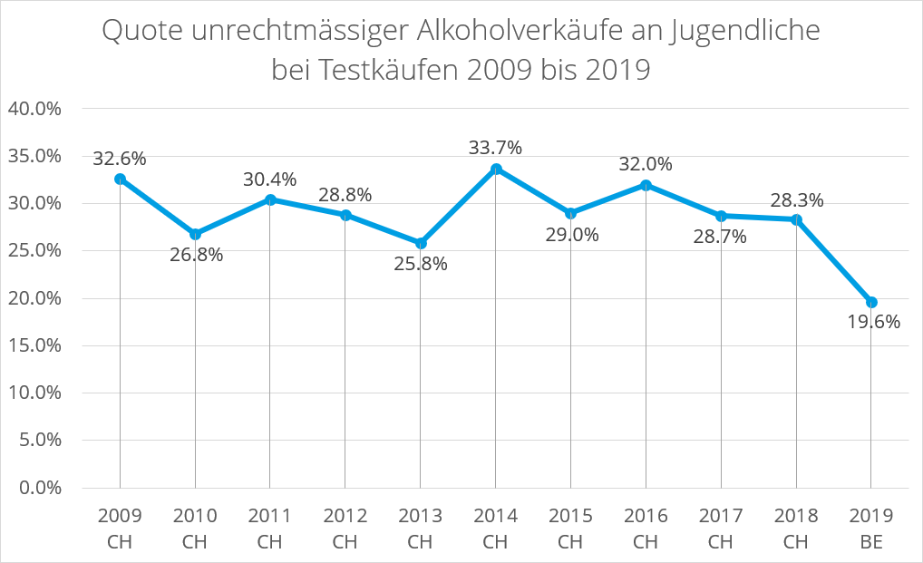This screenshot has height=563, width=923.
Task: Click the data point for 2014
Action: [495, 169]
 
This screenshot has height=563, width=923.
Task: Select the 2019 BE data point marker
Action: [871, 302]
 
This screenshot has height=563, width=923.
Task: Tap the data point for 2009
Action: [120, 179]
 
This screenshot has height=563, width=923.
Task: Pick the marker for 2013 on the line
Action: [420, 243]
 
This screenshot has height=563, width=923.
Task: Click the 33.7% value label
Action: [495, 147]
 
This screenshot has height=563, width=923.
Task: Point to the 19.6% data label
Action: [873, 322]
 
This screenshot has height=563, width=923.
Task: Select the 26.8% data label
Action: [196, 255]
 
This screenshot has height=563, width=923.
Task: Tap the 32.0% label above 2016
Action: [646, 164]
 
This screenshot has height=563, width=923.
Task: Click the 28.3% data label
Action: [796, 200]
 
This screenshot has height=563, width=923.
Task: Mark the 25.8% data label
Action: [421, 265]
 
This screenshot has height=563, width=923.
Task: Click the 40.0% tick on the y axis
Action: [34, 109]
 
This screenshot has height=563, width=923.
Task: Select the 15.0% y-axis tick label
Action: [34, 345]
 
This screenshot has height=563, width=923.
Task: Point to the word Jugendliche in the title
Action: [744, 32]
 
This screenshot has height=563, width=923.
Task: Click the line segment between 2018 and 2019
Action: [834, 261]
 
